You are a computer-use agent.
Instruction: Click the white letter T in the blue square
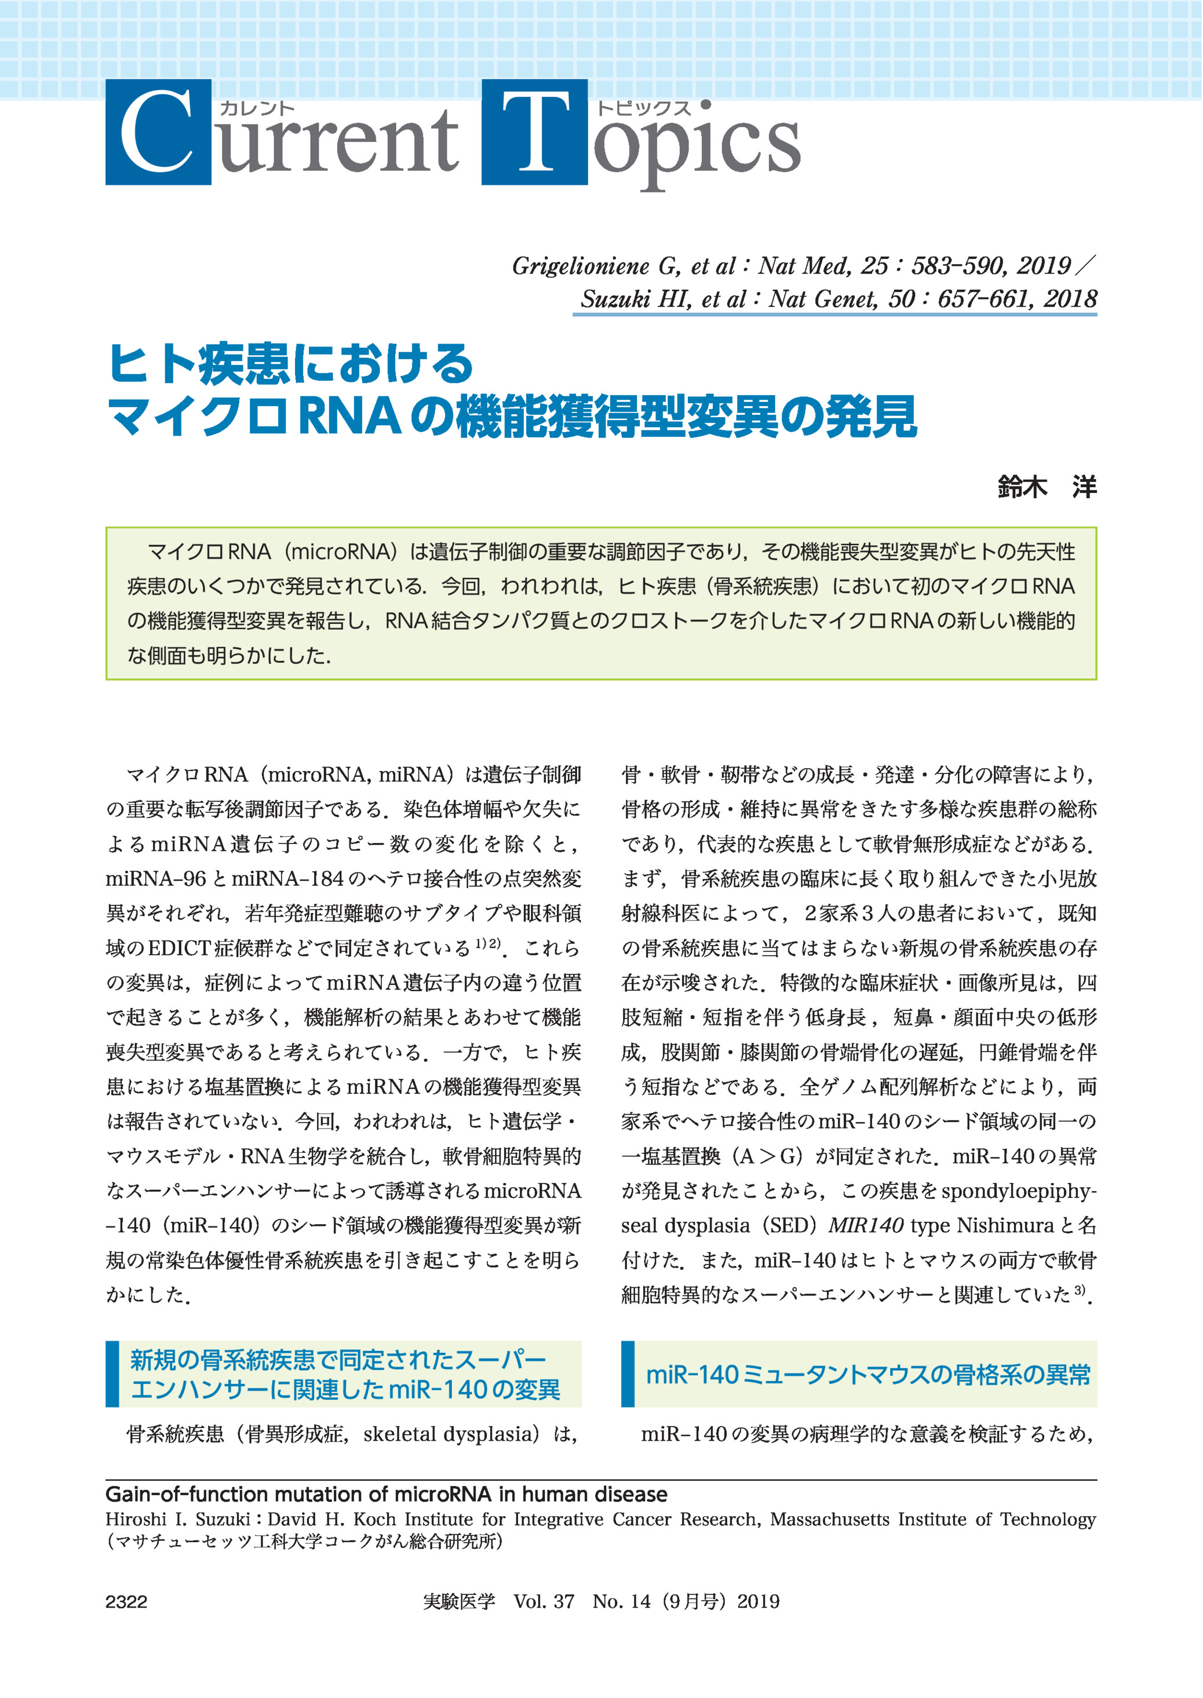click(535, 133)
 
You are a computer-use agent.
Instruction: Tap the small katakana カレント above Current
click(257, 109)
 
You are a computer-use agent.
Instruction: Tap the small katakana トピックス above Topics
click(643, 109)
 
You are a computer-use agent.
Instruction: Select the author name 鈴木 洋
click(1047, 487)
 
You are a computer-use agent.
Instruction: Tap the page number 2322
click(127, 1602)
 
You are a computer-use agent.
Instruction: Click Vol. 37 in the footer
click(544, 1602)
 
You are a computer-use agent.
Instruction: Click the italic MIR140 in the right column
click(865, 1225)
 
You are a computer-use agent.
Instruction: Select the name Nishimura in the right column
click(1005, 1225)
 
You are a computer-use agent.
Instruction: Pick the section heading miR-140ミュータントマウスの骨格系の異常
click(868, 1375)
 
